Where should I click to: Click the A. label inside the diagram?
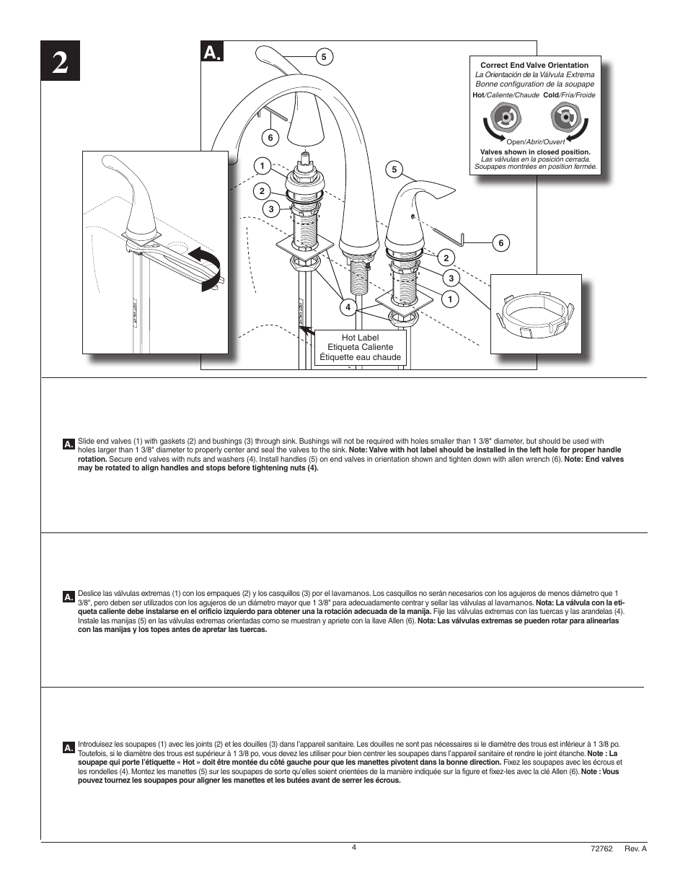pos(213,52)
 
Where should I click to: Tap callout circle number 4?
pos(348,307)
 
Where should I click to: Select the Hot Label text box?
pos(360,347)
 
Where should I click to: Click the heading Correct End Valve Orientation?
pos(534,65)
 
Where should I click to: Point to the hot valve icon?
pos(504,116)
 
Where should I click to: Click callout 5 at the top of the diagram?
pos(324,56)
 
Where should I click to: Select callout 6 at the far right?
pos(500,243)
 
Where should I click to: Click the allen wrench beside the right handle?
pos(453,236)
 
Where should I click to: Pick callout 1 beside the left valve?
pos(262,166)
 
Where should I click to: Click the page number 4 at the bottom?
pos(354,847)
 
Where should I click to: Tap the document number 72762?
pos(601,848)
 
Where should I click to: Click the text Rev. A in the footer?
pos(635,848)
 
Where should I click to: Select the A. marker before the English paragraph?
pos(69,444)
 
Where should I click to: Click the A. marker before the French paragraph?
pos(69,747)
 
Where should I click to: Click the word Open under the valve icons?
pos(515,142)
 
